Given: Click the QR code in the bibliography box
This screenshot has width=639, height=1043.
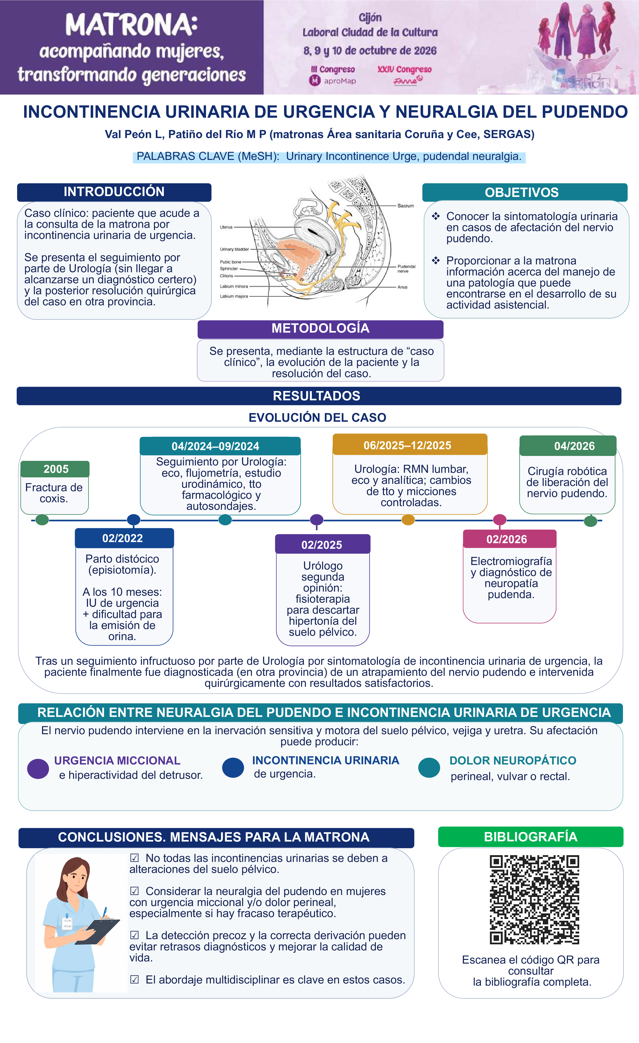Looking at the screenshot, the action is tap(534, 900).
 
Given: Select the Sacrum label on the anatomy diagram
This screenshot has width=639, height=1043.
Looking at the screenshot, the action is tap(405, 206).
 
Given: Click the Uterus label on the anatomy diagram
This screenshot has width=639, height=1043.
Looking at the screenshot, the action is tap(226, 227).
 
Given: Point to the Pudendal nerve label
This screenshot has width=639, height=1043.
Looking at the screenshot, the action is tap(406, 269).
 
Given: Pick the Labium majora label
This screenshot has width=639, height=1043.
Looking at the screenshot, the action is tap(234, 296).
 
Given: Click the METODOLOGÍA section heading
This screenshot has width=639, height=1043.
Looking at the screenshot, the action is tap(320, 328).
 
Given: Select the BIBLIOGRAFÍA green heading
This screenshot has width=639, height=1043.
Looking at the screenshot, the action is tap(530, 837).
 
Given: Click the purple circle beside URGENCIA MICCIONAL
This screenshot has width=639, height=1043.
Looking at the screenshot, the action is tap(38, 769).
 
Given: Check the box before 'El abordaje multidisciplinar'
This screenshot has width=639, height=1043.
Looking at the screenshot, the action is tap(134, 980).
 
